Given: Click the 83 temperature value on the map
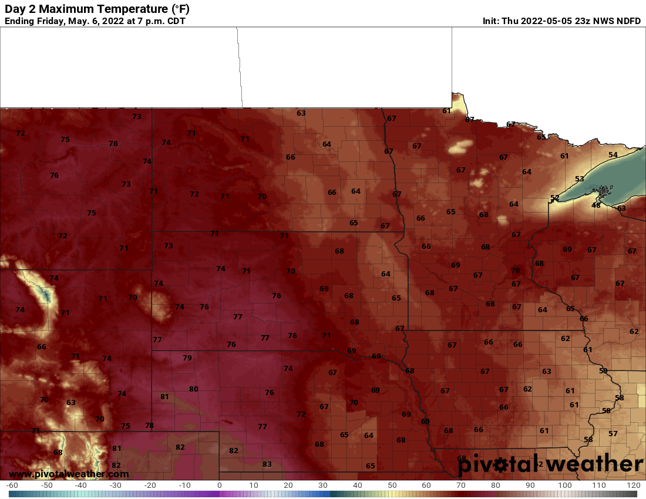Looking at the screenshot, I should click(267, 464).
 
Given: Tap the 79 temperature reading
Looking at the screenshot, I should click(187, 358).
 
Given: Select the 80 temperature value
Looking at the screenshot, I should click(193, 389).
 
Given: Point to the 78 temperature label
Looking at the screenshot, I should click(149, 425).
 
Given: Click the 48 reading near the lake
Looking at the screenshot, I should click(596, 205).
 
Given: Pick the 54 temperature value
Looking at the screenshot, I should click(613, 154).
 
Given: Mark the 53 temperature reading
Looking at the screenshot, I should click(580, 178).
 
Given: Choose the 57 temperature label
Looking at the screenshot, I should click(613, 433).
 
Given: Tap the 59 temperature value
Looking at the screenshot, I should click(603, 370).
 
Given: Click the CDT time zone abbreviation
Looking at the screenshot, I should click(175, 21).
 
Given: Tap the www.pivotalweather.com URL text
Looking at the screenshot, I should click(69, 474).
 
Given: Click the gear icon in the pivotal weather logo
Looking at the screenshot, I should click(500, 465).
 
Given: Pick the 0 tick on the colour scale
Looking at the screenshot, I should click(220, 485).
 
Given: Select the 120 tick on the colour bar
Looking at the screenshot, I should click(633, 485).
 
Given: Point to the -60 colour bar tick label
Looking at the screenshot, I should click(12, 485).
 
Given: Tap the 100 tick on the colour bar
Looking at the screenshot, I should click(564, 485).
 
